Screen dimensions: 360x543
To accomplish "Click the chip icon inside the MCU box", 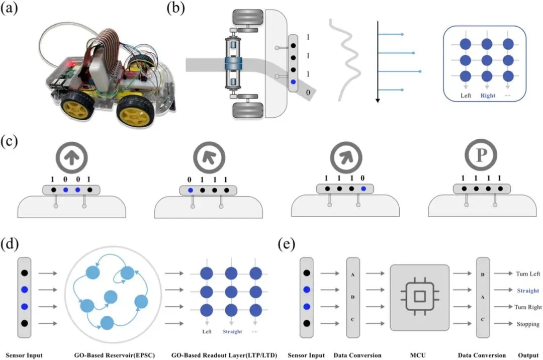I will [419, 297].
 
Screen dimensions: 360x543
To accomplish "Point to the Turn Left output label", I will [527, 274].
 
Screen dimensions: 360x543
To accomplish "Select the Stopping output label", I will [528, 324].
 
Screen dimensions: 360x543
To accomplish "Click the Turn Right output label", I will [528, 307].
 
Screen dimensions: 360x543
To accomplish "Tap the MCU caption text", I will [419, 355].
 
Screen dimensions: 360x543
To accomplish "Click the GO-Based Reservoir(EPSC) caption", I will [114, 355].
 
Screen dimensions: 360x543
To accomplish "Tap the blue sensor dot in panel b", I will [293, 81].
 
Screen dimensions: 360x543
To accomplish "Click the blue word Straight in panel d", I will [232, 332].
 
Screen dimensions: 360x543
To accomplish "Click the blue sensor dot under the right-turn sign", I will [364, 190].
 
